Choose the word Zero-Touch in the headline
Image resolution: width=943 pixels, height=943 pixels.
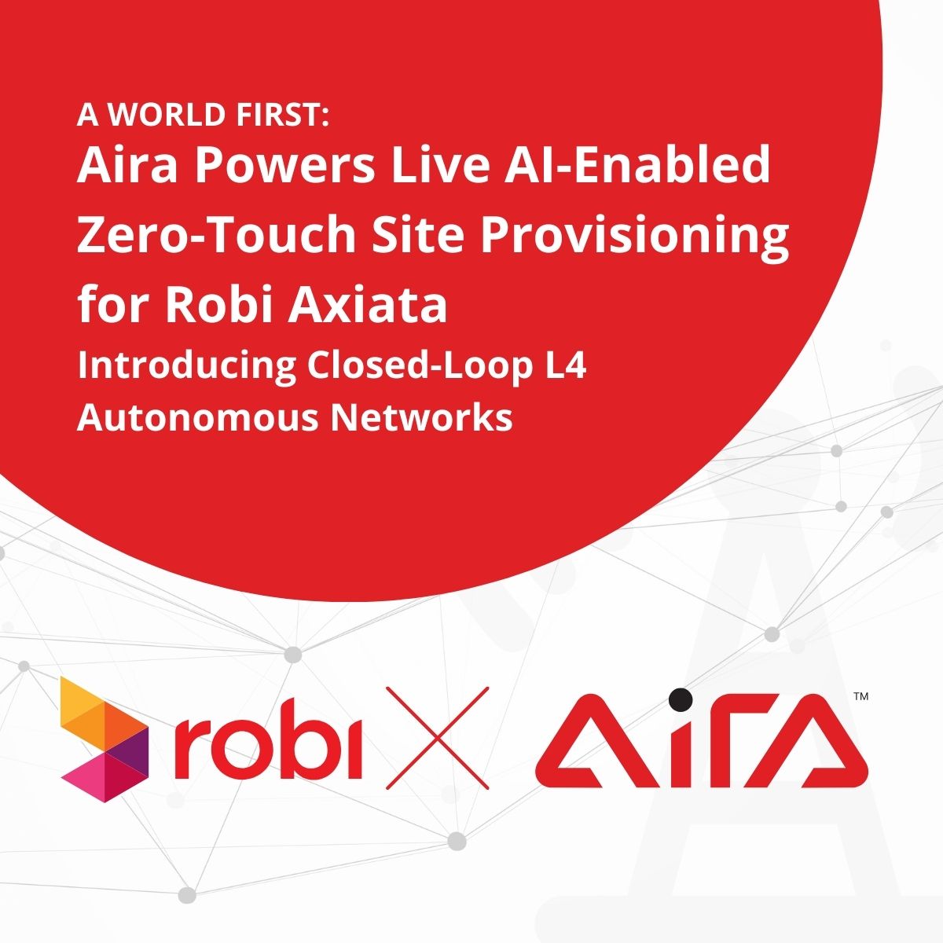point(216,235)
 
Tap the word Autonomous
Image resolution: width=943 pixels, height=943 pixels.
point(198,418)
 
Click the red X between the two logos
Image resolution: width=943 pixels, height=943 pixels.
point(437,738)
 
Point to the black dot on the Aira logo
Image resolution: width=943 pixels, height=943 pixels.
point(681,699)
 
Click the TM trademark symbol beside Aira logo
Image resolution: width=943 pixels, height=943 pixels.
point(860,696)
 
